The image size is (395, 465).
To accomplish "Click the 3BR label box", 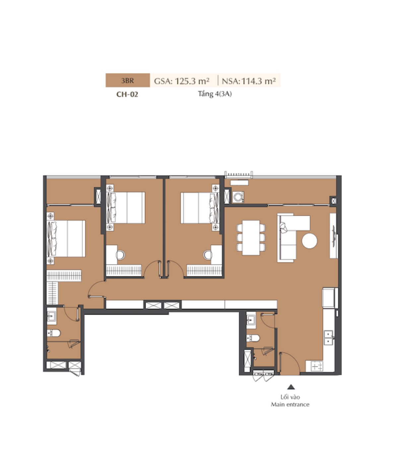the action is [x=128, y=80].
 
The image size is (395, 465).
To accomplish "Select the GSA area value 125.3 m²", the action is [x=192, y=81].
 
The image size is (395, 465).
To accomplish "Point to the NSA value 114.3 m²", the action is [x=259, y=81].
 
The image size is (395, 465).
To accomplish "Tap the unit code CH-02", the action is [x=127, y=94].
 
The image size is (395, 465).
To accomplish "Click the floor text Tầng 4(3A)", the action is [x=215, y=94].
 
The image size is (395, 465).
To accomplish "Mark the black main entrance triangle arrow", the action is [x=291, y=387].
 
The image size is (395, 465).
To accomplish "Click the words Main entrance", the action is [x=290, y=405].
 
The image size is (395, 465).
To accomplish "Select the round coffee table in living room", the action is [x=309, y=241].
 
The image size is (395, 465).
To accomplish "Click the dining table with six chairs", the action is [x=251, y=238].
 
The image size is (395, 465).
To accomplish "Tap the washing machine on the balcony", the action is [x=238, y=197].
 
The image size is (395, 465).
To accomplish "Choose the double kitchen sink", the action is [x=329, y=338].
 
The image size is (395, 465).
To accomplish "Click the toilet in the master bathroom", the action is [x=54, y=333].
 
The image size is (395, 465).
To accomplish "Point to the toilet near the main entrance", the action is [x=253, y=338].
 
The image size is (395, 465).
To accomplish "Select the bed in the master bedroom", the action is [x=66, y=238].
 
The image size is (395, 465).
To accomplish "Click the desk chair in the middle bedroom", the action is [x=120, y=255].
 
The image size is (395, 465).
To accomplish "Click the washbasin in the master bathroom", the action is [x=52, y=316].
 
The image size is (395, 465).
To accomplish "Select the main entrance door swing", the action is [x=290, y=362].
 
